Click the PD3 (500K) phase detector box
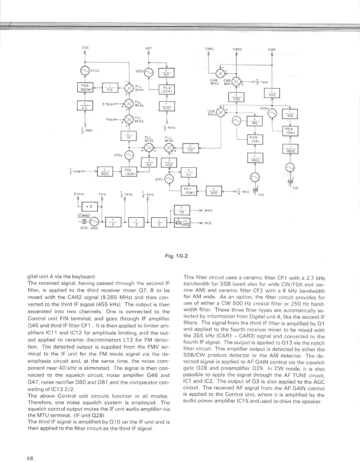(85, 88)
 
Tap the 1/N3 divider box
(110, 88)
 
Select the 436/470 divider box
(182, 223)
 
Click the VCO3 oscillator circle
(85, 70)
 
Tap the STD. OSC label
(89, 228)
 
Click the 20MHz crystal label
(83, 216)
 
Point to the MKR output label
(208, 211)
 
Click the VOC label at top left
(85, 47)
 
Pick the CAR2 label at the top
(237, 49)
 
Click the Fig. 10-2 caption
(176, 256)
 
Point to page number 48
(30, 458)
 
